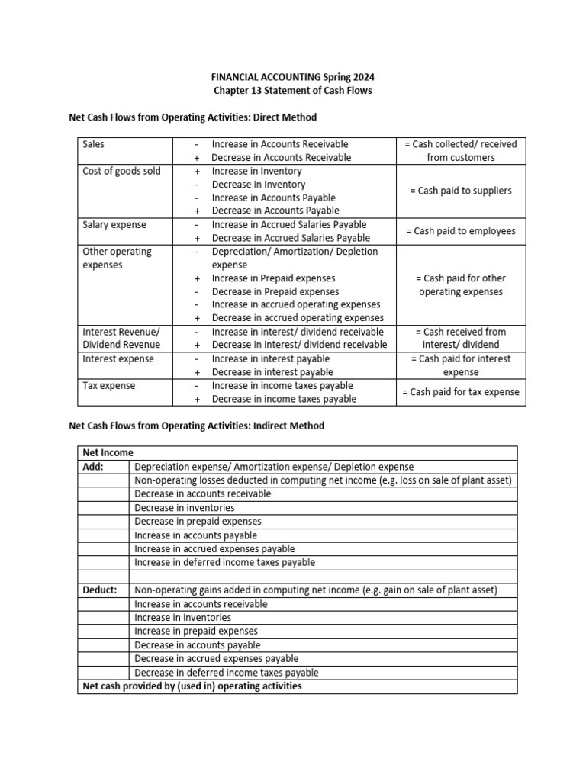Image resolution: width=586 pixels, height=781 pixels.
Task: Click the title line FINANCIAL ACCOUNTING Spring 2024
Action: point(293,78)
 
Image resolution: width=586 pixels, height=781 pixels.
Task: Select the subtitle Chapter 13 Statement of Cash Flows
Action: point(293,91)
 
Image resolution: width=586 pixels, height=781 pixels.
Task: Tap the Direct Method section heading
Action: point(192,117)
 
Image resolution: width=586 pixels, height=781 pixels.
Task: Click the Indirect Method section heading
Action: point(197,426)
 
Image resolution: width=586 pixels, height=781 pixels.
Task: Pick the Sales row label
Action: point(94,144)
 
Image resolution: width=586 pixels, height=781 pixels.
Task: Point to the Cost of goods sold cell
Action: point(121,171)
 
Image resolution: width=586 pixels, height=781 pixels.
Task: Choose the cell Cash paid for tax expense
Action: point(460,392)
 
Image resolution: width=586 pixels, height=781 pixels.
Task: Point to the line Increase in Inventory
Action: point(256,171)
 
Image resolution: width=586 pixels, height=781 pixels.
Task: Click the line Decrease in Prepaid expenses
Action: point(275,291)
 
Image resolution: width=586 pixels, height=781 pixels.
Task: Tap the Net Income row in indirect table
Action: point(108,453)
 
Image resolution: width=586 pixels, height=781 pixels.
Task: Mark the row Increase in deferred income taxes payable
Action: point(224,563)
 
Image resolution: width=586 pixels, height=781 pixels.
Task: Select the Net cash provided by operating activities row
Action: point(192,686)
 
